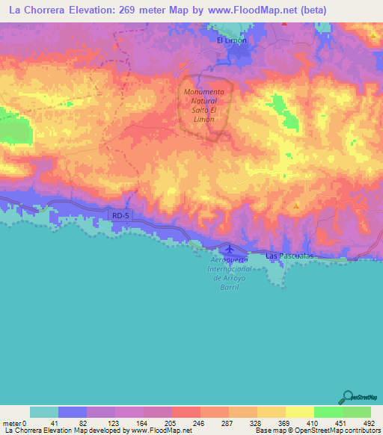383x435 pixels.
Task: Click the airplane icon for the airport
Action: tap(229, 249)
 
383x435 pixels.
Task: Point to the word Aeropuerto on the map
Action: tap(229, 259)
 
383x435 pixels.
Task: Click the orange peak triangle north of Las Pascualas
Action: tap(297, 206)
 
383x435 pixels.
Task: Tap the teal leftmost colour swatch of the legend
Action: tap(44, 412)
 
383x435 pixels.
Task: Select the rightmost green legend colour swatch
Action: tap(357, 412)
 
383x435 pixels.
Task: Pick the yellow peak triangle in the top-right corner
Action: tap(373, 35)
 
